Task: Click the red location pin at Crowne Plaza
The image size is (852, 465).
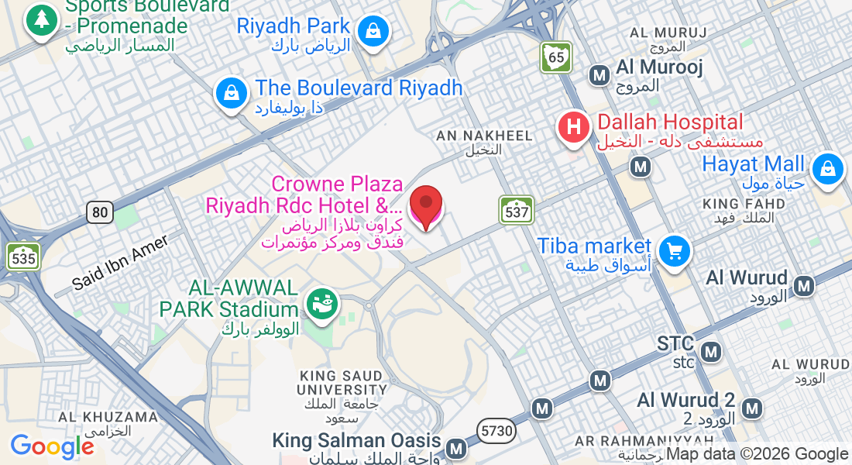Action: click(x=425, y=204)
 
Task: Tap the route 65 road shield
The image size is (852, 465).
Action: click(x=555, y=57)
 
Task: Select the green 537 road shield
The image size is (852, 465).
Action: click(x=516, y=209)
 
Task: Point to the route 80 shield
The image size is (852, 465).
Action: click(x=100, y=212)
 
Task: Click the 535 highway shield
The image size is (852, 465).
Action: click(x=23, y=257)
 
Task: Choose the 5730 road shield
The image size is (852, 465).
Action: click(x=496, y=431)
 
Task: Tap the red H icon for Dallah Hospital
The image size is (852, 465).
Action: click(x=574, y=126)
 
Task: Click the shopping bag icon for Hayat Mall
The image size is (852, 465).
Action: click(x=827, y=167)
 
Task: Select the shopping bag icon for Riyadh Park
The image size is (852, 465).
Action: click(x=373, y=31)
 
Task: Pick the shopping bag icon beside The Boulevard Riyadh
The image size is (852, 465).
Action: click(x=231, y=93)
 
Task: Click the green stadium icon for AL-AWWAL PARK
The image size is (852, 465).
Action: click(x=320, y=302)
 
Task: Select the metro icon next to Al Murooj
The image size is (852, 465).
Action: click(x=599, y=75)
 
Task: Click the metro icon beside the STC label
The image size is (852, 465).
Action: click(x=709, y=353)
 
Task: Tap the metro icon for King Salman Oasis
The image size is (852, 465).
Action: click(x=456, y=448)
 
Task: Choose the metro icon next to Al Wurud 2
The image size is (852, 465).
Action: click(x=751, y=407)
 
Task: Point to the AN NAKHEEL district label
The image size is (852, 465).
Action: click(x=484, y=136)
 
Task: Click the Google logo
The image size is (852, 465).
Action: click(x=52, y=446)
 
